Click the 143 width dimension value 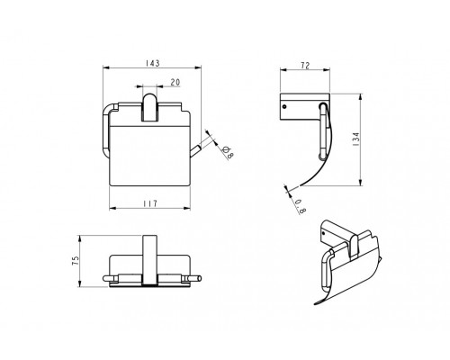tap(152, 63)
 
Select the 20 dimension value tap(175, 82)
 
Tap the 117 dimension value tap(150, 203)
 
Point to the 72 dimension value tap(305, 66)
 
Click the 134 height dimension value tap(356, 139)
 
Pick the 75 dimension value tap(76, 260)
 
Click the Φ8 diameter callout tap(229, 153)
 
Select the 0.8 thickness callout tap(301, 207)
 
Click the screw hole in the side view tap(284, 106)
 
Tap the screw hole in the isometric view tap(324, 233)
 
